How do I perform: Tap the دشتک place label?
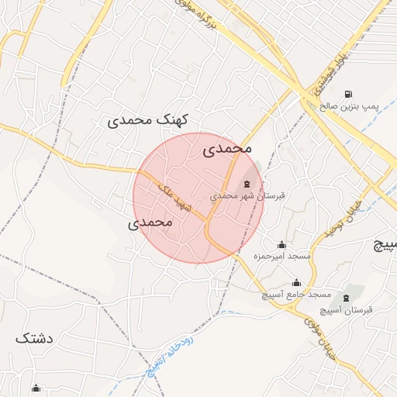tap(35, 338)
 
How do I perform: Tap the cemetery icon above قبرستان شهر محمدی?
tap(247, 184)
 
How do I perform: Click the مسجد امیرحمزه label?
tap(282, 255)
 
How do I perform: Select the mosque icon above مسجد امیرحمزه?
tap(281, 244)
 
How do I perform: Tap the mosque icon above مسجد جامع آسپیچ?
tap(296, 283)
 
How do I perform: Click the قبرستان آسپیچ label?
tap(347, 309)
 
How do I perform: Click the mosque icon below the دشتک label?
tap(36, 388)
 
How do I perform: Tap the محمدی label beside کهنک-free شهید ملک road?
tap(148, 222)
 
